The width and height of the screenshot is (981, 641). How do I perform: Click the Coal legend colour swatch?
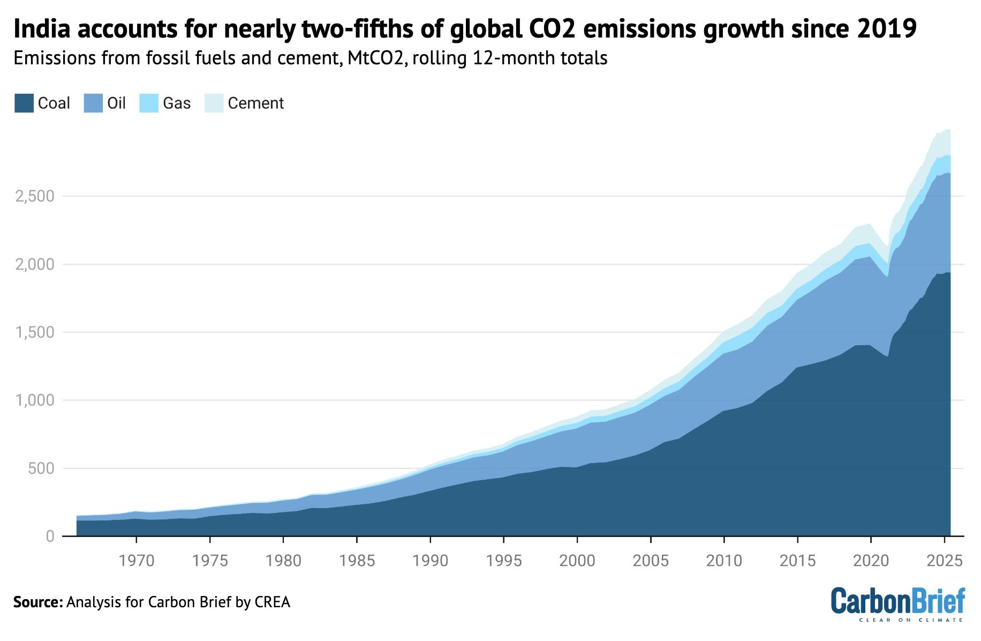coord(24,103)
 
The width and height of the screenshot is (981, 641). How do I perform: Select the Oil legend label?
coord(116,103)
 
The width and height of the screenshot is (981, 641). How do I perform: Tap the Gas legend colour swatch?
coord(149,103)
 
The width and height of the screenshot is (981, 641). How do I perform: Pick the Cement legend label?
coord(255,103)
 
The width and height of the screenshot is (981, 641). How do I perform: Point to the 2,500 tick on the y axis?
coord(35,196)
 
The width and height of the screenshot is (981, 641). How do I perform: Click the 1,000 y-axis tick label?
coord(35,400)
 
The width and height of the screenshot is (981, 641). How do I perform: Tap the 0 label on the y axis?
coord(50,536)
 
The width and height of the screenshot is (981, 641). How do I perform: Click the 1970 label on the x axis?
coord(136,561)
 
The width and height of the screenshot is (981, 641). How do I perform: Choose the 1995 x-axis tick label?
coord(504,561)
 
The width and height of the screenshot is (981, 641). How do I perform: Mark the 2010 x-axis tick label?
coord(724,561)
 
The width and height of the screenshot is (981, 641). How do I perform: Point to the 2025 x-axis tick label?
coord(945,561)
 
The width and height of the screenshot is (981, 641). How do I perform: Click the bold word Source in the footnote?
coord(37,602)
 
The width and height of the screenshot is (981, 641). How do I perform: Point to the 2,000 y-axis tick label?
coord(35,264)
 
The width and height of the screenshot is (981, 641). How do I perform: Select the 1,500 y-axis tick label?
coord(35,332)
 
